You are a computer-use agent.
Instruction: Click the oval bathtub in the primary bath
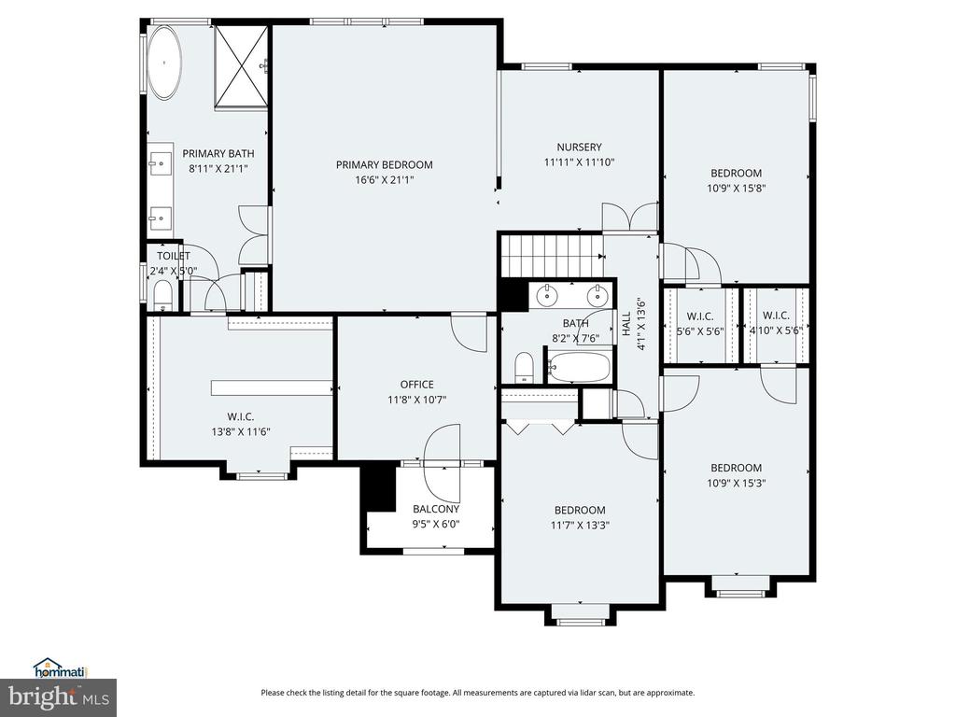pyautogui.click(x=165, y=63)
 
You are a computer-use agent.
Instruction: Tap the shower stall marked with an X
pyautogui.click(x=242, y=66)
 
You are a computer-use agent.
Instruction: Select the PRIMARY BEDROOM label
pyautogui.click(x=384, y=164)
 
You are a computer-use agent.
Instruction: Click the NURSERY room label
pyautogui.click(x=579, y=147)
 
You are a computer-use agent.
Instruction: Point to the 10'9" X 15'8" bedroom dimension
pyautogui.click(x=736, y=189)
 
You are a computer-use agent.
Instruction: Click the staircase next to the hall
pyautogui.click(x=553, y=256)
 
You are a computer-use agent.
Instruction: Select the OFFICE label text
pyautogui.click(x=417, y=384)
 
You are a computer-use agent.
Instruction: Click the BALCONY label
pyautogui.click(x=436, y=509)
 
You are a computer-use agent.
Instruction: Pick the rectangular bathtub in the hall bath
pyautogui.click(x=579, y=367)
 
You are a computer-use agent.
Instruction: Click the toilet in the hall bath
pyautogui.click(x=525, y=367)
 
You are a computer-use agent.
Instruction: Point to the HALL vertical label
pyautogui.click(x=626, y=324)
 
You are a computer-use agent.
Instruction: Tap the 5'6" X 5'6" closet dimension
pyautogui.click(x=700, y=331)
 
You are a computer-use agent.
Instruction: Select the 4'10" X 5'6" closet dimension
pyautogui.click(x=776, y=331)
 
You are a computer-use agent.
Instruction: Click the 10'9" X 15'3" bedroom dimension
pyautogui.click(x=736, y=484)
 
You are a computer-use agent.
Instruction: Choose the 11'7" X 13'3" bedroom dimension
pyautogui.click(x=580, y=526)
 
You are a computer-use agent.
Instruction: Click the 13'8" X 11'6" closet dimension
pyautogui.click(x=240, y=431)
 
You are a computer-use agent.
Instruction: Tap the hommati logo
pyautogui.click(x=61, y=668)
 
